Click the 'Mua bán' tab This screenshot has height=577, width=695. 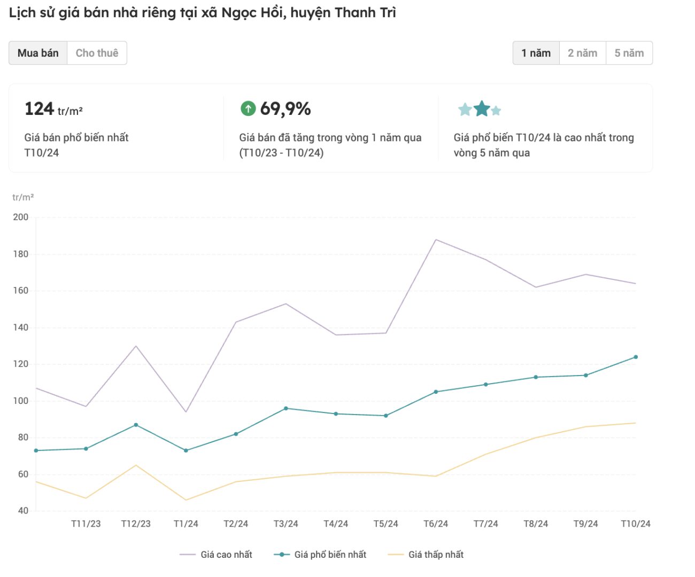tap(38, 53)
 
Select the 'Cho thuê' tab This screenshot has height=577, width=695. tap(97, 53)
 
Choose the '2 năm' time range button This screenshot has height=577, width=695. tap(582, 53)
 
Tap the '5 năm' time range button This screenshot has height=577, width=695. tap(629, 53)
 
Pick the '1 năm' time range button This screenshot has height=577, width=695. tap(536, 53)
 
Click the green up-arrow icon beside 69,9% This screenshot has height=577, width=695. tap(248, 108)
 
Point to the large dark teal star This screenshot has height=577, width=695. tap(482, 108)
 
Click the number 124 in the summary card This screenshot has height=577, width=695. tap(40, 109)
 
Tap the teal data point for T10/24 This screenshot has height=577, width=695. tap(636, 357)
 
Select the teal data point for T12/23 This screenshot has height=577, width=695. tap(136, 425)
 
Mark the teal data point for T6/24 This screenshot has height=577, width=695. tap(436, 392)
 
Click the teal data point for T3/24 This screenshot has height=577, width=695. tap(286, 408)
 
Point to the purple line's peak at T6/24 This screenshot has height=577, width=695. tap(436, 239)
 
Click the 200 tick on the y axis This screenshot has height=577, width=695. tap(21, 217)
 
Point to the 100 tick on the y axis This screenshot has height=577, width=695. tap(21, 401)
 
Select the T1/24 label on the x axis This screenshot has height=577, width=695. tap(186, 524)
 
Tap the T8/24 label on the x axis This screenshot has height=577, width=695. tap(536, 524)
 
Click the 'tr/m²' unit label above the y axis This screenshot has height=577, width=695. tap(23, 197)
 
